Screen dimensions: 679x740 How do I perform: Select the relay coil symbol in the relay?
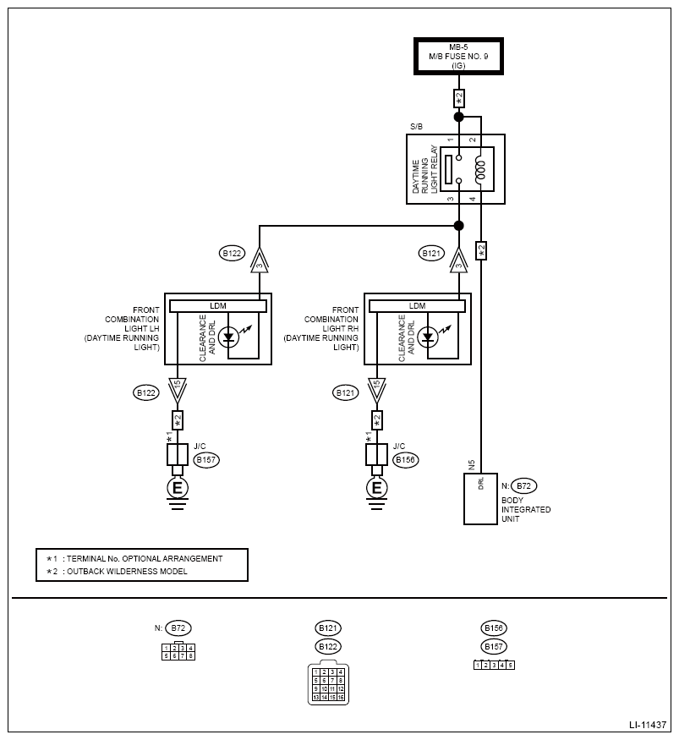pyautogui.click(x=480, y=169)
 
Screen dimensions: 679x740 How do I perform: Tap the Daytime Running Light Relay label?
pyautogui.click(x=424, y=169)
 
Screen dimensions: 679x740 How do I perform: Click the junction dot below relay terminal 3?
pyautogui.click(x=458, y=226)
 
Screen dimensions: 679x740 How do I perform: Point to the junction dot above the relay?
pyautogui.click(x=458, y=117)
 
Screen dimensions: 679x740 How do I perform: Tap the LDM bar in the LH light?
pyautogui.click(x=217, y=306)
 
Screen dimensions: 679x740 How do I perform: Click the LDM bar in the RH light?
pyautogui.click(x=417, y=306)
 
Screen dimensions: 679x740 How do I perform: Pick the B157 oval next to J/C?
pyautogui.click(x=206, y=460)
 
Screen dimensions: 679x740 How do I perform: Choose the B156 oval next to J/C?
pyautogui.click(x=406, y=460)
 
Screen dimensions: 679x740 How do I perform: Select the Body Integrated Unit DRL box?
pyautogui.click(x=480, y=499)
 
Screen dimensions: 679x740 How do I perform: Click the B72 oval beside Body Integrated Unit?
pyautogui.click(x=523, y=485)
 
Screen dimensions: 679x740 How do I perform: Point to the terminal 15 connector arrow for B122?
pyautogui.click(x=178, y=390)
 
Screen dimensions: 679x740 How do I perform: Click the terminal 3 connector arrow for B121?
pyautogui.click(x=458, y=261)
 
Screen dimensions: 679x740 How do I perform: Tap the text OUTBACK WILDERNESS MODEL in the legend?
pyautogui.click(x=127, y=571)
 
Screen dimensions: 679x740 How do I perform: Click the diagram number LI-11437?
pyautogui.click(x=648, y=725)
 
